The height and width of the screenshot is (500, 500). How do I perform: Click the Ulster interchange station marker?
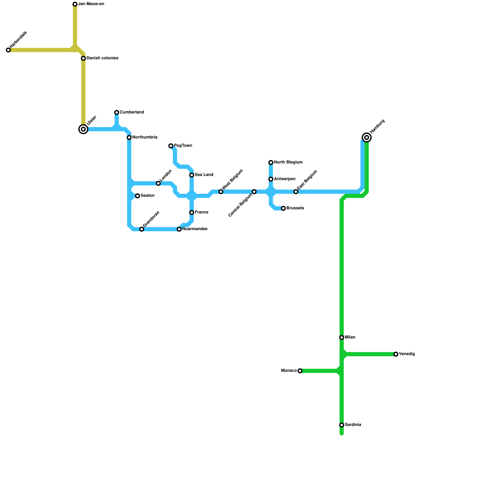point(83,129)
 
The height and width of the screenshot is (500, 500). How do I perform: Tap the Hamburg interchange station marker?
point(367,137)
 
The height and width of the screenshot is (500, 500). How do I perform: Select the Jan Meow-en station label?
point(91,4)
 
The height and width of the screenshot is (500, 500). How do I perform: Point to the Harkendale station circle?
point(8,50)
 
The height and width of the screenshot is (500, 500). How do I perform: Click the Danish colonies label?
point(102,58)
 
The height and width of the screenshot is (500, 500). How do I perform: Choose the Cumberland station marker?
point(117,112)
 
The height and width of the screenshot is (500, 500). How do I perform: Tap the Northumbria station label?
point(144,137)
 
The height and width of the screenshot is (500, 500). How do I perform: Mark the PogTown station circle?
point(171,146)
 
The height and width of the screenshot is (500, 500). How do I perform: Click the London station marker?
point(158,183)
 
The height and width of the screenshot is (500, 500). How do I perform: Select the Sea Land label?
point(204,175)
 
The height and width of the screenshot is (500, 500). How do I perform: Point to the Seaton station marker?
point(137,196)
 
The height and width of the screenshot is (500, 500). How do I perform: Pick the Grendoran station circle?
point(142,229)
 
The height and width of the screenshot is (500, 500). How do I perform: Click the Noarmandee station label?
point(195,229)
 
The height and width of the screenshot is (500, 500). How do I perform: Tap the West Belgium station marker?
point(221,192)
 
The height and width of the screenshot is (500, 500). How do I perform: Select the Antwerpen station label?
point(284,179)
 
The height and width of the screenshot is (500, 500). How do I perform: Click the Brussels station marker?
point(283,208)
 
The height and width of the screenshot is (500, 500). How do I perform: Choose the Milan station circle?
point(342,337)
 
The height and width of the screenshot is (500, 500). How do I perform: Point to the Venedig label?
point(407,354)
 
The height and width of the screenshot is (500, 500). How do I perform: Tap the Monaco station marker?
point(300,371)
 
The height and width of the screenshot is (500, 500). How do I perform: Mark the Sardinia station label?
point(353,425)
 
